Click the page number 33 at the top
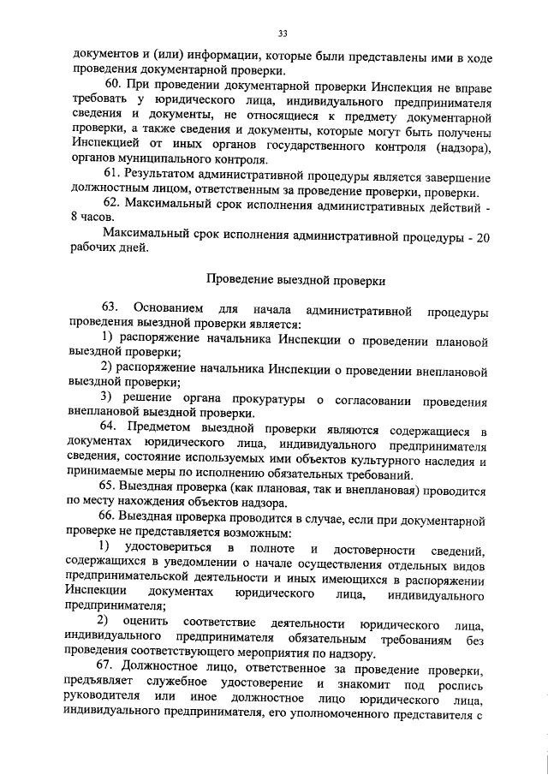click(x=281, y=33)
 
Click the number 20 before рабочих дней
click(x=482, y=234)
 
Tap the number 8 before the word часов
click(x=74, y=219)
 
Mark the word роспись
click(x=462, y=685)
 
